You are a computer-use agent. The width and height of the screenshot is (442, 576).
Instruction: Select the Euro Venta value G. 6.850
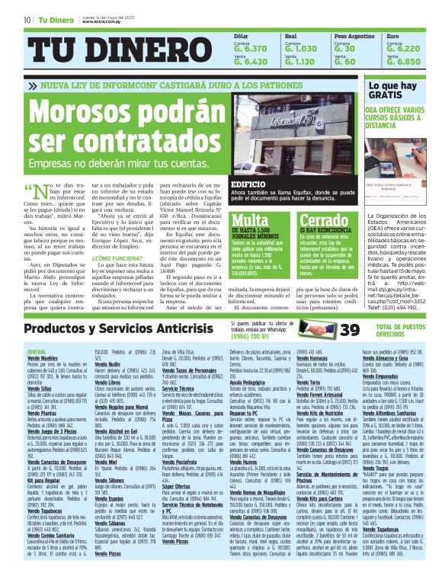403,62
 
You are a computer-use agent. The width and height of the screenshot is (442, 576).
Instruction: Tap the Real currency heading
290,36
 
